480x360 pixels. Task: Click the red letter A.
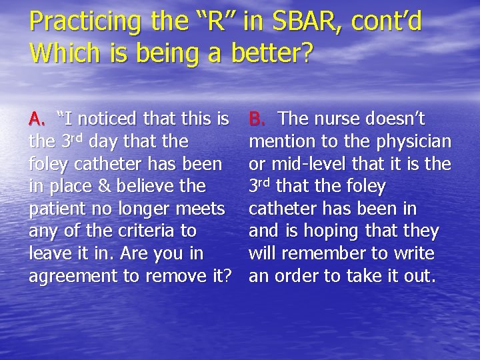tap(36, 119)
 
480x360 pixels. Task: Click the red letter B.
tap(257, 119)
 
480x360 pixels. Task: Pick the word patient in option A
tap(56, 209)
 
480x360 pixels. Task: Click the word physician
tap(414, 142)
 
